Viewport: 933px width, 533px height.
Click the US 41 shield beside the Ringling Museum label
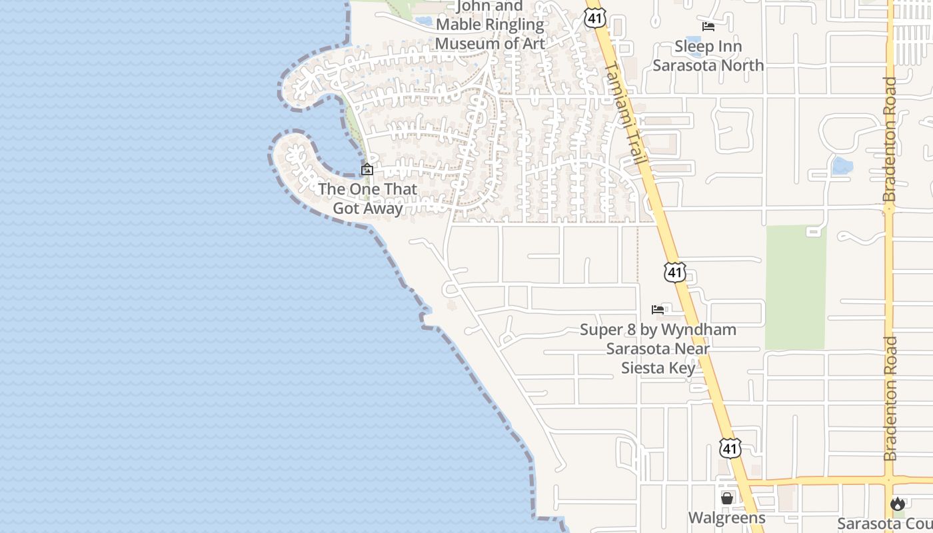(x=595, y=18)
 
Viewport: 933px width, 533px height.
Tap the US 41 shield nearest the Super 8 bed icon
(x=674, y=272)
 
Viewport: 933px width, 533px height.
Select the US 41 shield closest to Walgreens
(x=730, y=448)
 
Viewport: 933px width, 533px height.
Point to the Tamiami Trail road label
(x=624, y=113)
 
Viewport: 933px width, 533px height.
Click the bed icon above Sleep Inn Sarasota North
(x=708, y=27)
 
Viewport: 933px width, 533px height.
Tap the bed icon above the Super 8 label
(x=658, y=309)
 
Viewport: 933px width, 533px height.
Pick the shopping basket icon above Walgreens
(x=727, y=498)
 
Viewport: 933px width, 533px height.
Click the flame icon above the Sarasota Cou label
(x=898, y=504)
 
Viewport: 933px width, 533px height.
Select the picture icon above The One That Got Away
(x=367, y=170)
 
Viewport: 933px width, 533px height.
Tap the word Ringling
(x=512, y=25)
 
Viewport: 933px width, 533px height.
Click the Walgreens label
(x=726, y=518)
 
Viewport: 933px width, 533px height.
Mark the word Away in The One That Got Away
(x=387, y=209)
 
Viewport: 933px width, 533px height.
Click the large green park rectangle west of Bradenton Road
(x=796, y=286)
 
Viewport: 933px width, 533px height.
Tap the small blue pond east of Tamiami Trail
(x=842, y=165)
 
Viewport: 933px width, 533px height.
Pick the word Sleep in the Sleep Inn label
(x=694, y=47)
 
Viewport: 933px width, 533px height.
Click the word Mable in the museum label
(x=459, y=25)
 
